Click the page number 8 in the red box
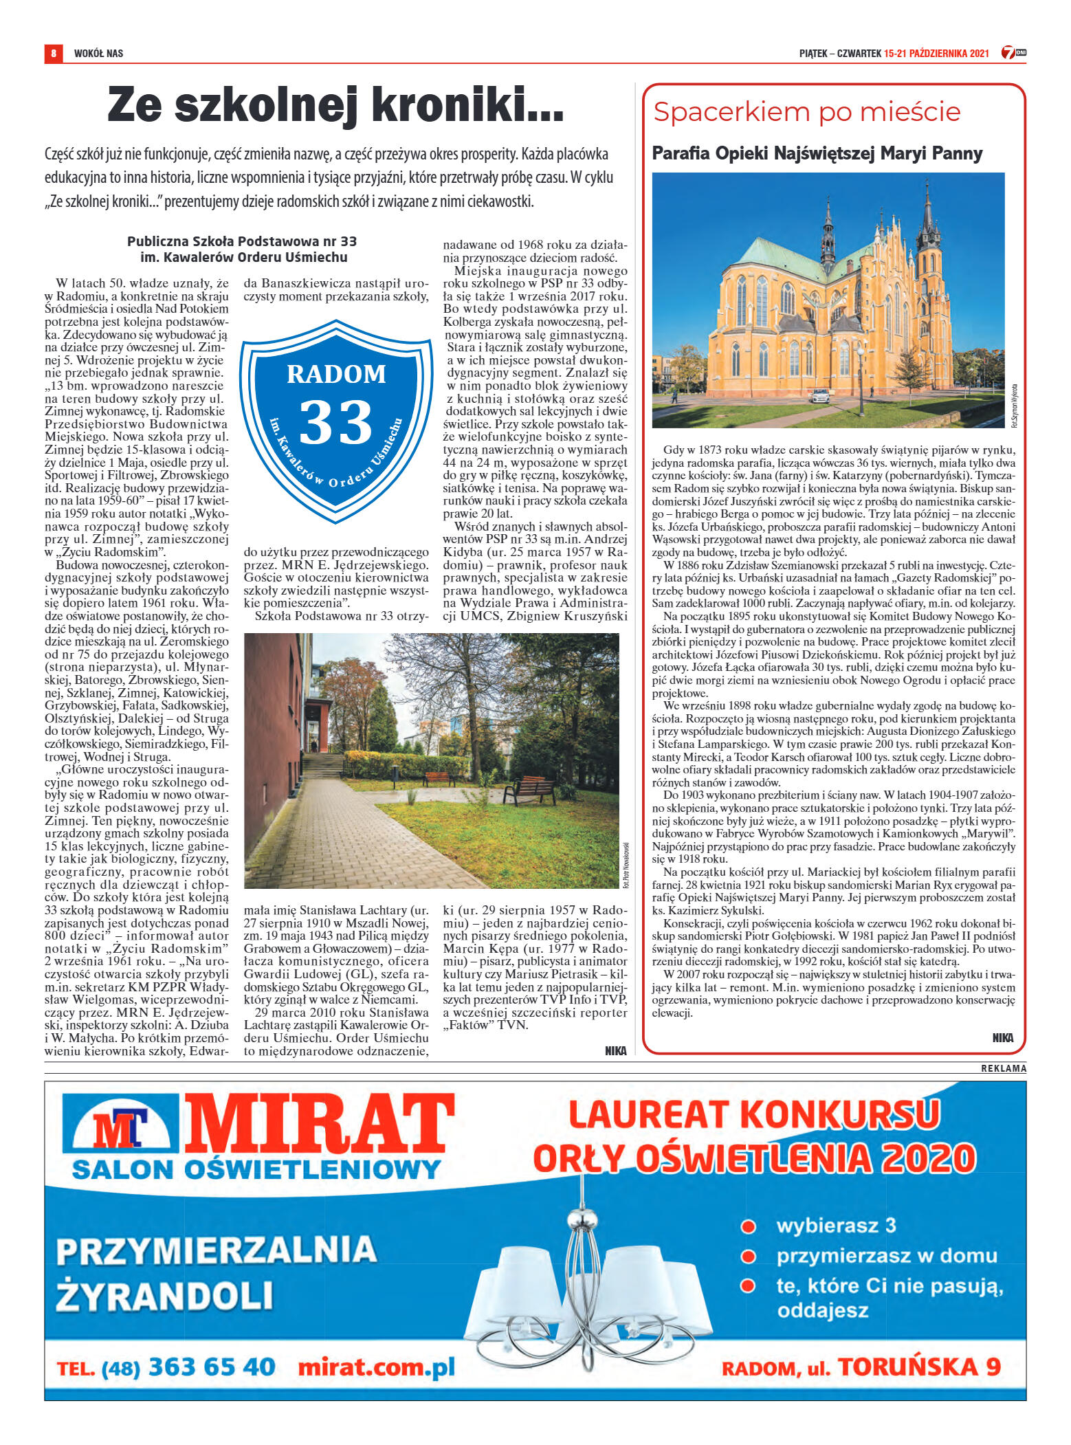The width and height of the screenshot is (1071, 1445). point(53,53)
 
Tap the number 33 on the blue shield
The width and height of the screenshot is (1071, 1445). point(335,423)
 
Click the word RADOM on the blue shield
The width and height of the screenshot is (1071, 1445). point(336,374)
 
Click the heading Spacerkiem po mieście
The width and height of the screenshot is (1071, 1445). point(806,111)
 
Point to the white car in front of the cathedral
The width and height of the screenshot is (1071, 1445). point(820,396)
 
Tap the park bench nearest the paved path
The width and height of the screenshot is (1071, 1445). point(529,789)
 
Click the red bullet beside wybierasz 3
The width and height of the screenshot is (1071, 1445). point(748,1226)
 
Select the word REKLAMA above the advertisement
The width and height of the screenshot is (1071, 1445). point(1003,1068)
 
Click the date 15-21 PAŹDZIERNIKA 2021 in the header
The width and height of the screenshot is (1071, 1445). point(936,53)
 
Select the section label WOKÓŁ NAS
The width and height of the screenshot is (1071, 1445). point(98,53)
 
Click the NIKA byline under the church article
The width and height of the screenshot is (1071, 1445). point(1002,1038)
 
